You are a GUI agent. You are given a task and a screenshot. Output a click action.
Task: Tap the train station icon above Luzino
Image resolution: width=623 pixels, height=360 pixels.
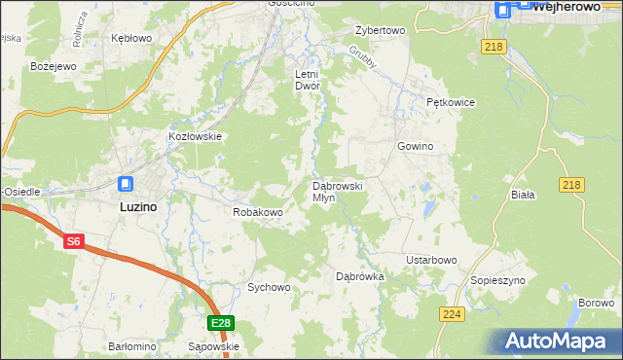coord(127,183)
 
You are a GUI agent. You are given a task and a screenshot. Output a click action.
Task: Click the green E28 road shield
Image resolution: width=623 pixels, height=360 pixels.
coord(221,323)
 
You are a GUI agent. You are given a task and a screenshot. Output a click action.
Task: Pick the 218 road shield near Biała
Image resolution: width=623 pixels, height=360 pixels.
coord(571,185)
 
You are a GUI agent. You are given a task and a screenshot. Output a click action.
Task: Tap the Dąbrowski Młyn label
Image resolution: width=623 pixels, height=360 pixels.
coord(337,191)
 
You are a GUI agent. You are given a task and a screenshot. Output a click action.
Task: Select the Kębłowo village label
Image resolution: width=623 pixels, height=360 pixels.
coord(132,38)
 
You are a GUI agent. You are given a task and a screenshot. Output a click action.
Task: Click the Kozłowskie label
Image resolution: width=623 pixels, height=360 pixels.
coord(196,137)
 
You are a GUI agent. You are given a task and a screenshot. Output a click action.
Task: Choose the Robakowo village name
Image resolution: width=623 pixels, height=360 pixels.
coord(257,211)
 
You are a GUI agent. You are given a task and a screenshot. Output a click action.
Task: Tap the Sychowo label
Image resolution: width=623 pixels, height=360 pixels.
coord(269,287)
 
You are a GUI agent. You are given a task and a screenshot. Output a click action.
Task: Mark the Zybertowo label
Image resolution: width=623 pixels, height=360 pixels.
coord(380,30)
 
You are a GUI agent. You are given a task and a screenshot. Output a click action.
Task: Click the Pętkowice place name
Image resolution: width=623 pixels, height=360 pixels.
coord(450,101)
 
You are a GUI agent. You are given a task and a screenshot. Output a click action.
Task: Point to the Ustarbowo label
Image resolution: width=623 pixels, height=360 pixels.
coord(431,260)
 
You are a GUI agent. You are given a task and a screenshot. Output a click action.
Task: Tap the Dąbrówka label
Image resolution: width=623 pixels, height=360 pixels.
coord(360,276)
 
